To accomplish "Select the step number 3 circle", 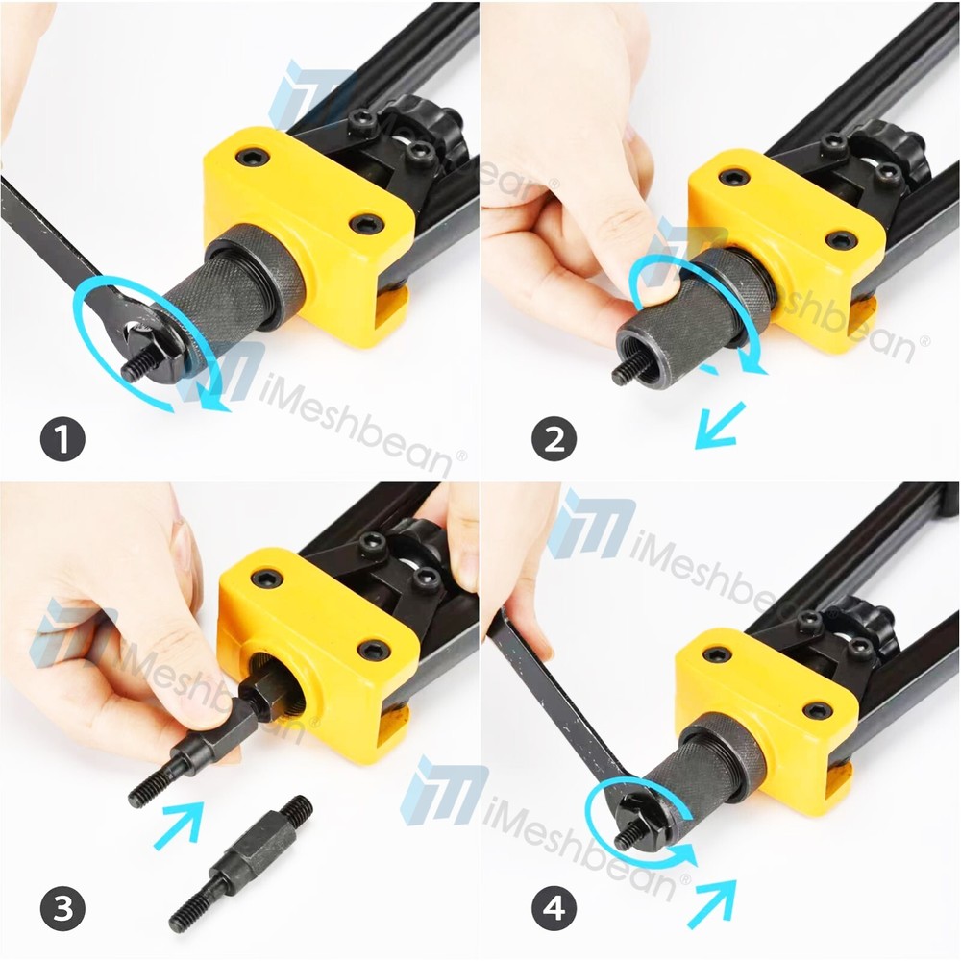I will point(62,907).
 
